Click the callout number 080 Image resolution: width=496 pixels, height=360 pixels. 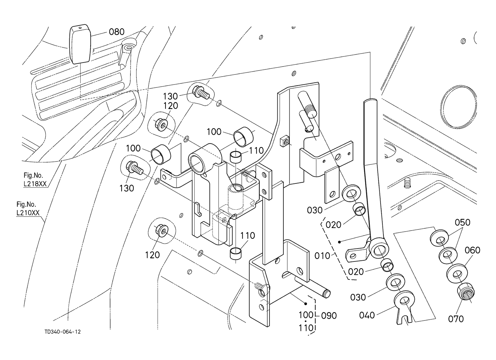coord(117,32)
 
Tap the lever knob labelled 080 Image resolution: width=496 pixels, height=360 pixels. coord(79,44)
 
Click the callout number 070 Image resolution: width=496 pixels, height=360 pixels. coord(456,319)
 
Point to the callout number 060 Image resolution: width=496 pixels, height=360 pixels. coord(473,250)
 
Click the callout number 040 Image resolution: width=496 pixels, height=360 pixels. coord(367,315)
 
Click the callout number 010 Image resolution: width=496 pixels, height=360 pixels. coord(322,256)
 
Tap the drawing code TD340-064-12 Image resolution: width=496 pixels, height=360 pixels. coord(63,332)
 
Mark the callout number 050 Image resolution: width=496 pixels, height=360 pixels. coord(463,223)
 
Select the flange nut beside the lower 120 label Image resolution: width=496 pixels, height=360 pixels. coord(160,231)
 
